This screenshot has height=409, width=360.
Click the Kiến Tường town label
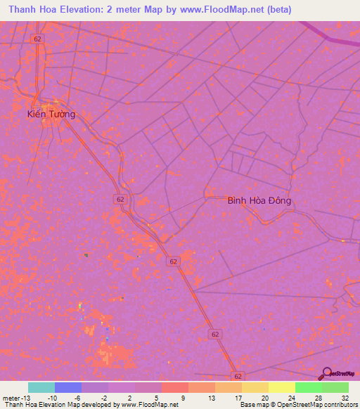(51, 114)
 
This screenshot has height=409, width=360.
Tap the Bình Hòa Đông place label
(259, 200)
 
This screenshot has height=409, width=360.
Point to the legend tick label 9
(182, 398)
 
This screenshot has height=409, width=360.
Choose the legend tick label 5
(155, 398)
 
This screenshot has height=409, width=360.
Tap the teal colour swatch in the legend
(41, 387)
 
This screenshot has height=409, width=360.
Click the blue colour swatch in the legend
(68, 387)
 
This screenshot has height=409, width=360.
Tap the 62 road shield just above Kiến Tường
(37, 39)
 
